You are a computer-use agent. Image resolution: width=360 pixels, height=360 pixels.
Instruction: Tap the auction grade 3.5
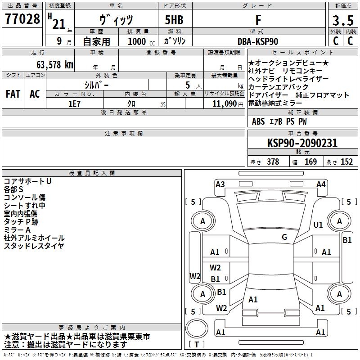point(342,21)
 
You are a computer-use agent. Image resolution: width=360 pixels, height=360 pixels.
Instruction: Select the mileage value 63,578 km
point(49,64)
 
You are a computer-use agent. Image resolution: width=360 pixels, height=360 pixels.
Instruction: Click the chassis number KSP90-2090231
point(302,143)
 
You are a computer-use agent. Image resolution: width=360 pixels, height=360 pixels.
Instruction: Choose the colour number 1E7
point(75,103)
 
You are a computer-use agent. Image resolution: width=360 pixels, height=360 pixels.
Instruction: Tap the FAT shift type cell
point(13,94)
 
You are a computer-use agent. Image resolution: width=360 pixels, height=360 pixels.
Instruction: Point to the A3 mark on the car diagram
point(220,184)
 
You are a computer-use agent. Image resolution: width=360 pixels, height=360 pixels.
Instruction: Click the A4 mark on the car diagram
point(321,184)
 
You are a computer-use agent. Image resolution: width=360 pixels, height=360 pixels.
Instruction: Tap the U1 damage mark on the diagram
point(318,225)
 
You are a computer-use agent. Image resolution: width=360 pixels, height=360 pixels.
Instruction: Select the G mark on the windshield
point(284,237)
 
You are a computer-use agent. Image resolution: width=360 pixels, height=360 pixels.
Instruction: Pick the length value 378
point(272,162)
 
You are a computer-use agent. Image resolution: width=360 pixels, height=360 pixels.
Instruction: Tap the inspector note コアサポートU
point(27,181)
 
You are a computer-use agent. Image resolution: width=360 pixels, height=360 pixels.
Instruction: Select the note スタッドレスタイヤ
point(34,246)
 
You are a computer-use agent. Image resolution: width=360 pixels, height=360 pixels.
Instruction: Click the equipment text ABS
point(258,121)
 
